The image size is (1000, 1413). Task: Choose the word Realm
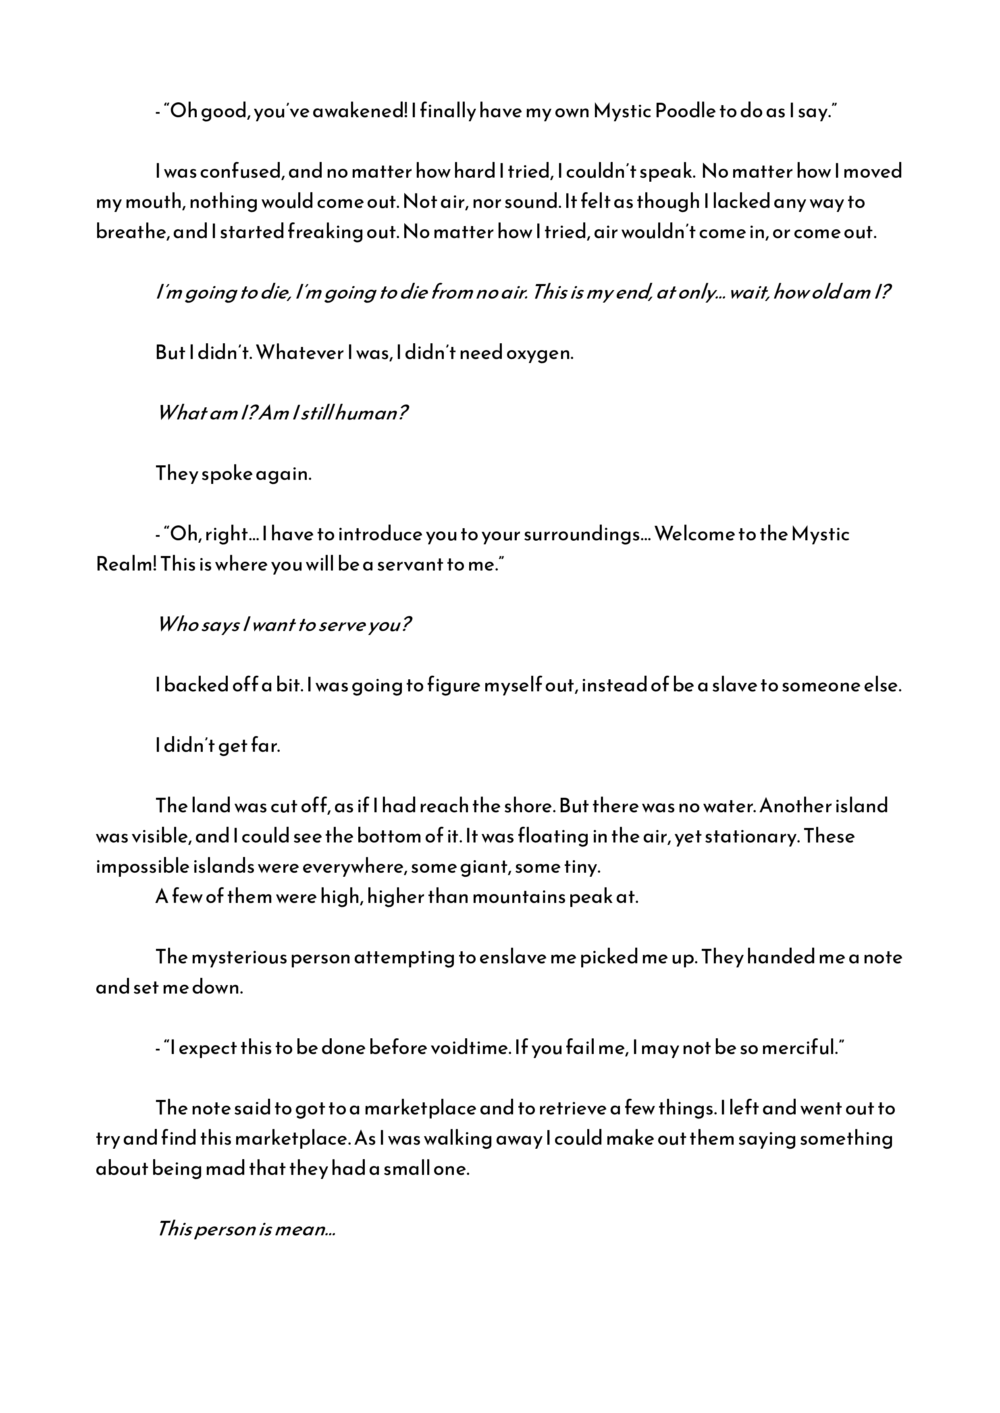(125, 564)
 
